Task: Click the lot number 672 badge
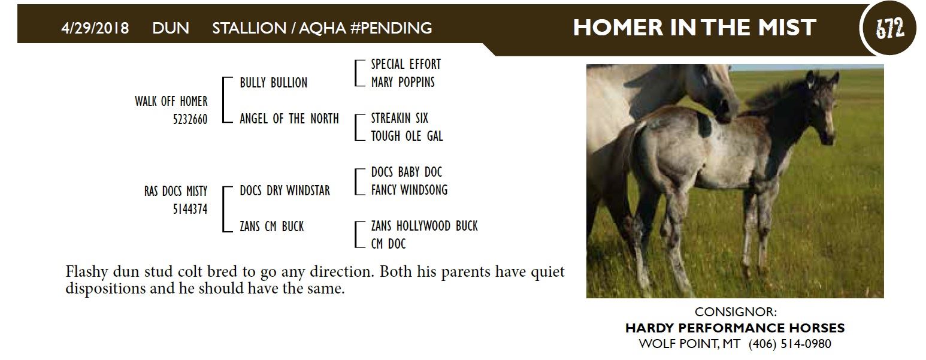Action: pyautogui.click(x=889, y=28)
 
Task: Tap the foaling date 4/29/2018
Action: pyautogui.click(x=95, y=28)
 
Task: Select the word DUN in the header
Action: pyautogui.click(x=171, y=28)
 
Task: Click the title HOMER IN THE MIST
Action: pyautogui.click(x=695, y=28)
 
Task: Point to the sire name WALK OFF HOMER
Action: pyautogui.click(x=171, y=101)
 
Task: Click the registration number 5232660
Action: pyautogui.click(x=190, y=119)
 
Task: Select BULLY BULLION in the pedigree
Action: pyautogui.click(x=274, y=83)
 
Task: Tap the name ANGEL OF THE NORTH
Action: pyautogui.click(x=289, y=119)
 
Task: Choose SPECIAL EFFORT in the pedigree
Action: pyautogui.click(x=406, y=65)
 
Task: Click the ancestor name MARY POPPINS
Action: pyautogui.click(x=403, y=82)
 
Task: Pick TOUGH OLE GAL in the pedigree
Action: pyautogui.click(x=407, y=136)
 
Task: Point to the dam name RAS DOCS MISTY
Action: pyautogui.click(x=175, y=191)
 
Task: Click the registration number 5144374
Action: pyautogui.click(x=190, y=209)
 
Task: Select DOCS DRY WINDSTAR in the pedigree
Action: pyautogui.click(x=285, y=190)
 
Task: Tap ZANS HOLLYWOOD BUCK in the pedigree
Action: pyautogui.click(x=424, y=226)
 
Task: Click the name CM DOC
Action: pyautogui.click(x=389, y=244)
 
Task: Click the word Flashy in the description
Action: pyautogui.click(x=87, y=273)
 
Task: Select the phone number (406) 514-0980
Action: pyautogui.click(x=789, y=344)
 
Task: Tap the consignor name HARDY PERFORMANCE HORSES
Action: pyautogui.click(x=735, y=328)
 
